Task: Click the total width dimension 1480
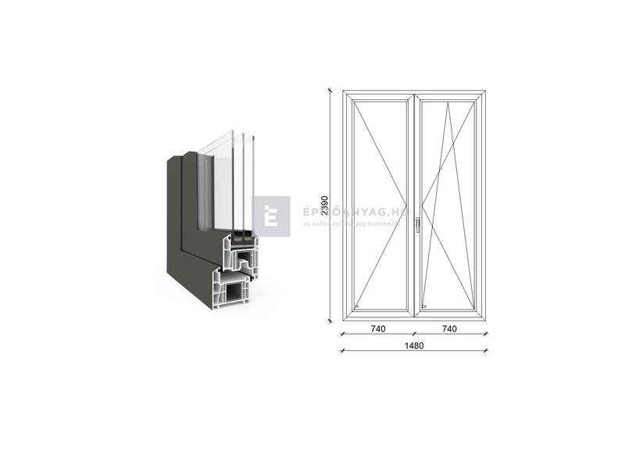(x=414, y=346)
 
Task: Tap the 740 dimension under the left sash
(x=378, y=329)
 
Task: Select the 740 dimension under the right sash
(x=450, y=329)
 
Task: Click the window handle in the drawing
(x=418, y=224)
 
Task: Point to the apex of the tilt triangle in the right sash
(x=449, y=102)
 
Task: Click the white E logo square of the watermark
(x=271, y=216)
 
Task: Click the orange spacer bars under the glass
(x=241, y=235)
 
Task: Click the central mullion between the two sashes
(x=414, y=203)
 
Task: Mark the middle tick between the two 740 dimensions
(x=414, y=335)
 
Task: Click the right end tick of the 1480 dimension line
(x=486, y=352)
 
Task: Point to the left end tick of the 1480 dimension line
(x=344, y=352)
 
